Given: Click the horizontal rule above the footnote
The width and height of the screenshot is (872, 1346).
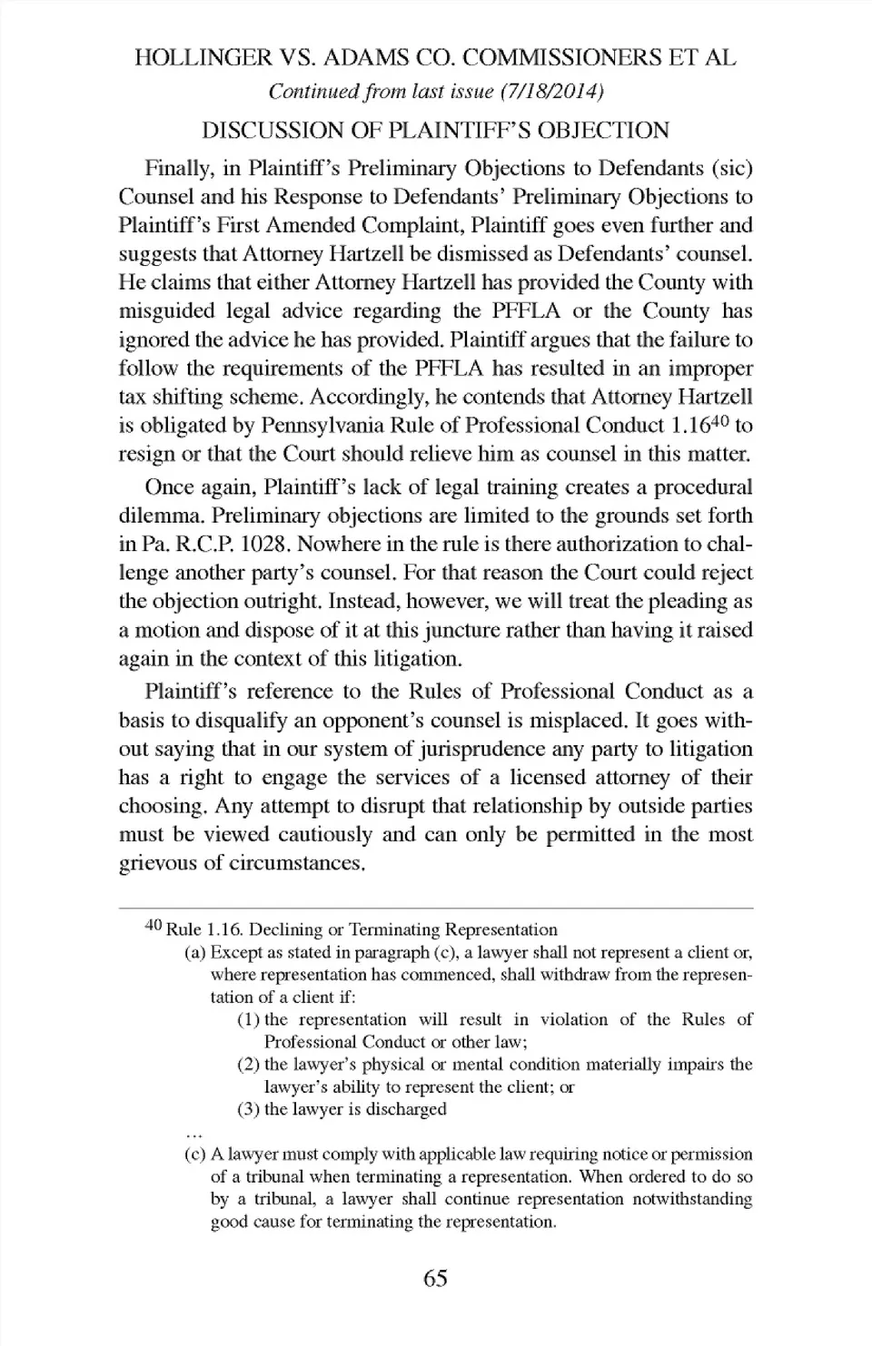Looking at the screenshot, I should (436, 908).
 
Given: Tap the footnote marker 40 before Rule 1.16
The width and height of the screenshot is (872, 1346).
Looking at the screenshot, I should (154, 926).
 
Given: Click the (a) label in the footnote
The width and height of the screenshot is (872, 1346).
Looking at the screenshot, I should (194, 953).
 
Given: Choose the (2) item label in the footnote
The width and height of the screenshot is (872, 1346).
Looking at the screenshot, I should (248, 1065).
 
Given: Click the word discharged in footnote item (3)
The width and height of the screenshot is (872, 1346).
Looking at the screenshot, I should (406, 1109).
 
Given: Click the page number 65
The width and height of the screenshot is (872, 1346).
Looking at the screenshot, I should (436, 1278).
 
